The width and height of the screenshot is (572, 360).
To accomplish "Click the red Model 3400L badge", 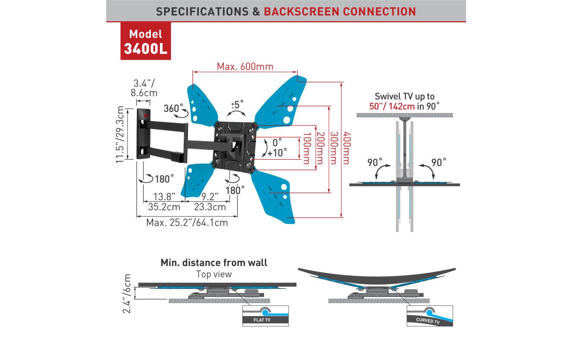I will [146, 41].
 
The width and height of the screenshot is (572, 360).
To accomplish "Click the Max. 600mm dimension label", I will [245, 67].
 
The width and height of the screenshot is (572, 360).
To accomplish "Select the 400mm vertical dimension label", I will [346, 148].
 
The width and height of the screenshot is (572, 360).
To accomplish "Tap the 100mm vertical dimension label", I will [307, 148].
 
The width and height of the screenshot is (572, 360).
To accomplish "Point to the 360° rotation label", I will [173, 108].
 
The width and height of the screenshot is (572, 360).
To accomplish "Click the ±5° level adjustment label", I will [237, 104].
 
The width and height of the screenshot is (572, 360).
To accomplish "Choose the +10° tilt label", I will [277, 152].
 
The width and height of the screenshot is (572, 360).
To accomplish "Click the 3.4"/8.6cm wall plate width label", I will [144, 88].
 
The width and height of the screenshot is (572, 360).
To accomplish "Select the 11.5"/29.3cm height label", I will [120, 134].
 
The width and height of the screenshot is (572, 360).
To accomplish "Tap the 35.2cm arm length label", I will [164, 207].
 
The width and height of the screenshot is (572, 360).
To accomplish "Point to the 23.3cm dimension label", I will [210, 207].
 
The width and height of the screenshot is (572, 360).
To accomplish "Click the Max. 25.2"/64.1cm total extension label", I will [187, 222].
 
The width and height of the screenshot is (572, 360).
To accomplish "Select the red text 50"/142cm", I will [392, 106].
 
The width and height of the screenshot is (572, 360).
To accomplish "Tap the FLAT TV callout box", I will [265, 316].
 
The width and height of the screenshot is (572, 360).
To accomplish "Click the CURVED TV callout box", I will [429, 316].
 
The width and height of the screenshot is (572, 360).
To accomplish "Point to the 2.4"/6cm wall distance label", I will [127, 293].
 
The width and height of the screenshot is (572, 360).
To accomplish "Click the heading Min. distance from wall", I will [214, 262].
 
